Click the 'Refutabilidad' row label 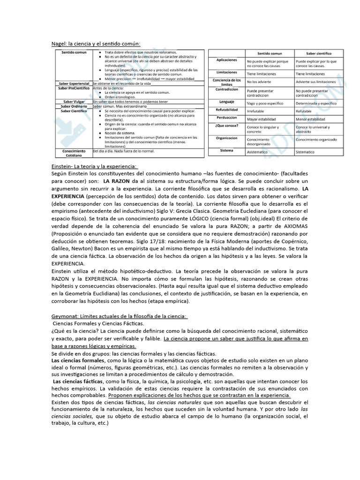click(x=226, y=110)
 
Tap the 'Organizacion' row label click(x=226, y=138)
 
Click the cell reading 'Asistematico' click(x=258, y=152)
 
